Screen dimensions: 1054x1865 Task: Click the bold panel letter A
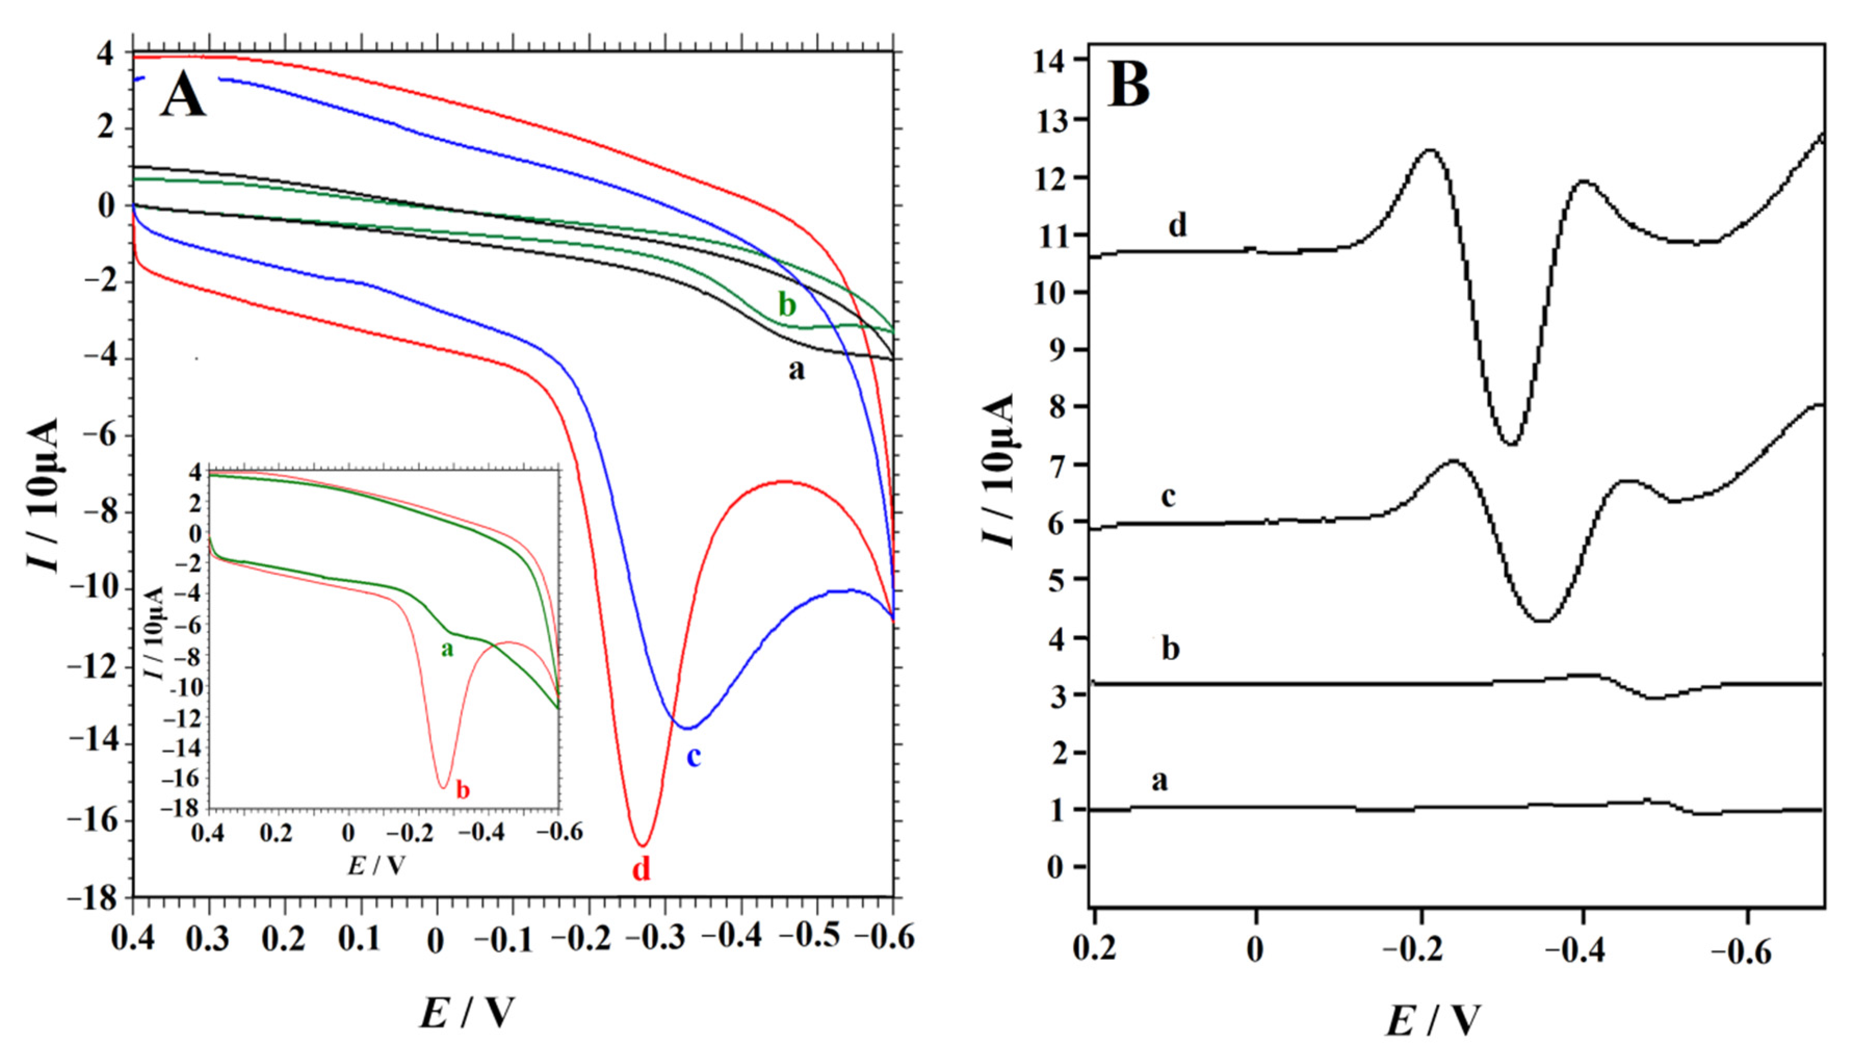(183, 97)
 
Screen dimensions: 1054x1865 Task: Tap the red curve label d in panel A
(642, 868)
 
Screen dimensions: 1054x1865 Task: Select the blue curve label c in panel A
(693, 757)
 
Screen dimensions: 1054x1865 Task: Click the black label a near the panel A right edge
(795, 370)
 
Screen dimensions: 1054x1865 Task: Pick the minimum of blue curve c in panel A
(686, 728)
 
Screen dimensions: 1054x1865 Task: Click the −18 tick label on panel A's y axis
(98, 899)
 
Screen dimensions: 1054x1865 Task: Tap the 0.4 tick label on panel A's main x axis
(133, 940)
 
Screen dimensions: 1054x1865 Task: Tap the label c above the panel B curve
(1168, 497)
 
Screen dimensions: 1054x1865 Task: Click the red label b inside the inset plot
(463, 790)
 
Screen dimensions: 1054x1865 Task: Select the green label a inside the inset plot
(448, 649)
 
